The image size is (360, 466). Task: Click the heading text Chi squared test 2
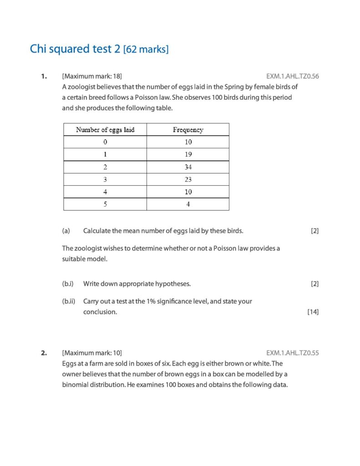tap(75, 49)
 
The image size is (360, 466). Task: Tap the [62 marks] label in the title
tap(146, 50)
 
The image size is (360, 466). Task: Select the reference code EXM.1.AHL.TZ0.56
tap(292, 76)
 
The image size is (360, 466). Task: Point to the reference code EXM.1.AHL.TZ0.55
tap(292, 353)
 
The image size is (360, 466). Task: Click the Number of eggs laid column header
tap(105, 130)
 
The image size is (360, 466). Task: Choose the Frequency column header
tap(188, 130)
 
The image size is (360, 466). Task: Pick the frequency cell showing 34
tap(188, 167)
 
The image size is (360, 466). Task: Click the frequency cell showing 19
tap(188, 154)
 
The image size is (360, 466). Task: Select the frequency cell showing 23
tap(188, 179)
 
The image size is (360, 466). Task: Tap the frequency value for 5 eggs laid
tap(188, 204)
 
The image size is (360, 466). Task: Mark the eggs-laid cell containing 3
tap(105, 179)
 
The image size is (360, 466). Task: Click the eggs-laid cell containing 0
tap(105, 142)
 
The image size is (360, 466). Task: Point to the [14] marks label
tap(313, 312)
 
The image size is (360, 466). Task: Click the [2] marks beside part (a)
tap(314, 231)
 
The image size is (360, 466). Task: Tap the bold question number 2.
tap(44, 353)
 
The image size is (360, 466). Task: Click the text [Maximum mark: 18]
tap(92, 76)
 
